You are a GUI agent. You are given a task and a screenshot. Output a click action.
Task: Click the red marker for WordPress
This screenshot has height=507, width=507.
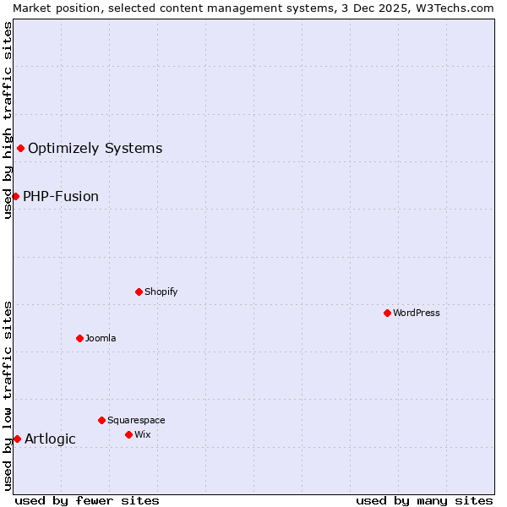pyautogui.click(x=387, y=313)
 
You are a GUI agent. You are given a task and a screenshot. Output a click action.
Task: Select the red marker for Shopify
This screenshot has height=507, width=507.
pyautogui.click(x=139, y=292)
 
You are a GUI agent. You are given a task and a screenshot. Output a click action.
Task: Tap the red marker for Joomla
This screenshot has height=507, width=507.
pyautogui.click(x=79, y=338)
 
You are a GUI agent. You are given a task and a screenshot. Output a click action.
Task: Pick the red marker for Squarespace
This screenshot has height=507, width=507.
pyautogui.click(x=101, y=420)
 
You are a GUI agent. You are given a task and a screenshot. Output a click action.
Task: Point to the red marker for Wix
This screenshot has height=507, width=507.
pyautogui.click(x=128, y=434)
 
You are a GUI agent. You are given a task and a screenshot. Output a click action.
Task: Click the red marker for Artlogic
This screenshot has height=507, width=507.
pyautogui.click(x=17, y=439)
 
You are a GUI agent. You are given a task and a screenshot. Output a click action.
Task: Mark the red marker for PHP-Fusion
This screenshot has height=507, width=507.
pyautogui.click(x=15, y=196)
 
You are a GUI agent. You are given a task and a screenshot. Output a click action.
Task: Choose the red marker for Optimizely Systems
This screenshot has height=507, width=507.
pyautogui.click(x=20, y=149)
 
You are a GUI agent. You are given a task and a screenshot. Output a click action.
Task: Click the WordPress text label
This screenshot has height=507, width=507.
pyautogui.click(x=417, y=313)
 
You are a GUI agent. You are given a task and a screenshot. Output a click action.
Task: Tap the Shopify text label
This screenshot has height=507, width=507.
pyautogui.click(x=161, y=292)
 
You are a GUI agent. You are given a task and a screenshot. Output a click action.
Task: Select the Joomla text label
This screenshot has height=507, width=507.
pyautogui.click(x=101, y=338)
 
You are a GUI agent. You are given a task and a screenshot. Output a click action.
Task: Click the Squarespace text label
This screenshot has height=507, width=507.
pyautogui.click(x=136, y=420)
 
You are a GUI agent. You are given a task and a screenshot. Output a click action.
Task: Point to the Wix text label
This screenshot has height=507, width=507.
pyautogui.click(x=142, y=434)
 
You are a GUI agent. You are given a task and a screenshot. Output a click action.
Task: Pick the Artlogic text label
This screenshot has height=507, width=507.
pyautogui.click(x=50, y=439)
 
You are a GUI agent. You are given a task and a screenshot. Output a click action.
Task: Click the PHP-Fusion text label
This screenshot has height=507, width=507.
pyautogui.click(x=61, y=196)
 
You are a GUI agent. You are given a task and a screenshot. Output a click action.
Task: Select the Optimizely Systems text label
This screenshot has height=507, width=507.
pyautogui.click(x=95, y=149)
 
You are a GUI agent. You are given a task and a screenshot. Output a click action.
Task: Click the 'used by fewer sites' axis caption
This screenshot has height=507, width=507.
pyautogui.click(x=87, y=500)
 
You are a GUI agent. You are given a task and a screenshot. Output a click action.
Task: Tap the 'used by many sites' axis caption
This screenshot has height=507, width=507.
pyautogui.click(x=424, y=500)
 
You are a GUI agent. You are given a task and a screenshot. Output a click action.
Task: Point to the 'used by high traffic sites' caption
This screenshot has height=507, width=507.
pyautogui.click(x=8, y=120)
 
